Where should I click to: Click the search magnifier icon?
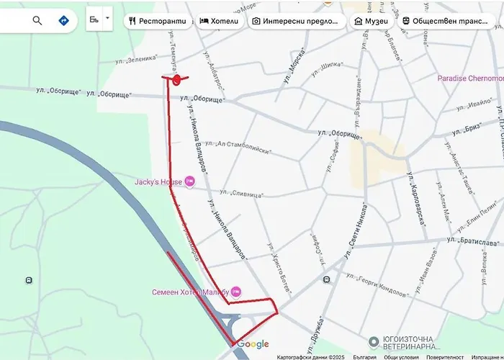coord(37,20)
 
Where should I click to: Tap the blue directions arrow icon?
coord(63,20)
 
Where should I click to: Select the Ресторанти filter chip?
coord(157,21)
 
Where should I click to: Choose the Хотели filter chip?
coord(219,21)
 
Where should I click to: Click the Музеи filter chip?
coord(371,21)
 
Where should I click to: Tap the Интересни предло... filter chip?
coord(295,21)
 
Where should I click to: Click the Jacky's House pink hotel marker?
coord(190,181)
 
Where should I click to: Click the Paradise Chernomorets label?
coord(470,78)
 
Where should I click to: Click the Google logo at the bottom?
coord(253,344)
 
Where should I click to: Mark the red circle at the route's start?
coord(176,78)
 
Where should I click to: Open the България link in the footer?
coord(365,356)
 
